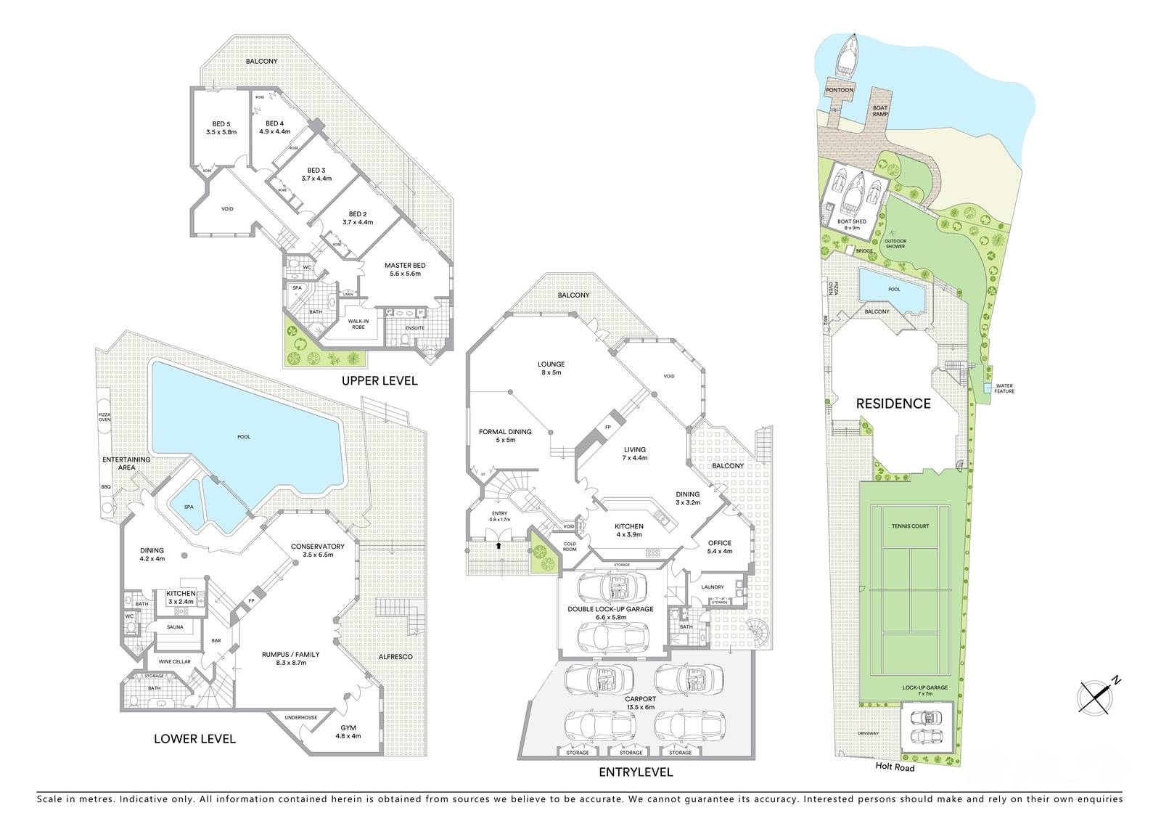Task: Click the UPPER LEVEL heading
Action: tap(380, 380)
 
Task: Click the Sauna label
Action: tap(175, 626)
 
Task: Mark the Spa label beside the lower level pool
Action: tap(189, 507)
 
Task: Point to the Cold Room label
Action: tap(570, 546)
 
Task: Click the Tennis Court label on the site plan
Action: tap(911, 526)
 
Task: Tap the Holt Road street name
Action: tap(894, 767)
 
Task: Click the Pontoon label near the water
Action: tap(840, 90)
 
